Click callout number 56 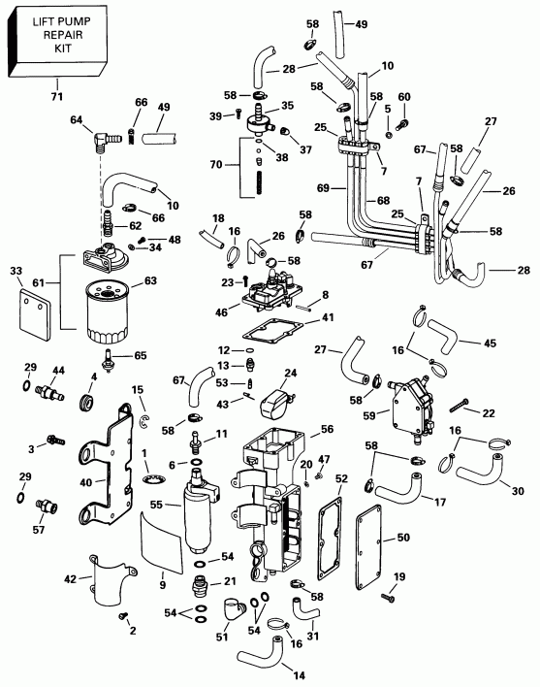[x=326, y=429]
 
